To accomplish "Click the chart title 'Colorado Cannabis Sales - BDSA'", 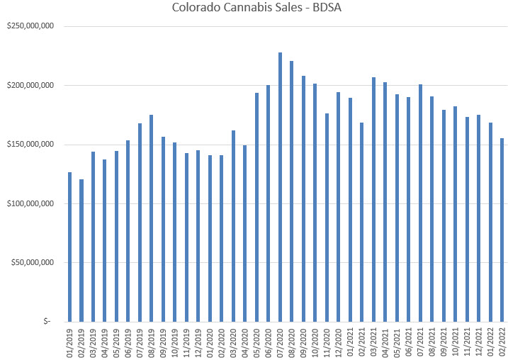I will (253, 9).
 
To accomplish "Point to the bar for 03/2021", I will (373, 199).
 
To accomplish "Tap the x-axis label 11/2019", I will (187, 342).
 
